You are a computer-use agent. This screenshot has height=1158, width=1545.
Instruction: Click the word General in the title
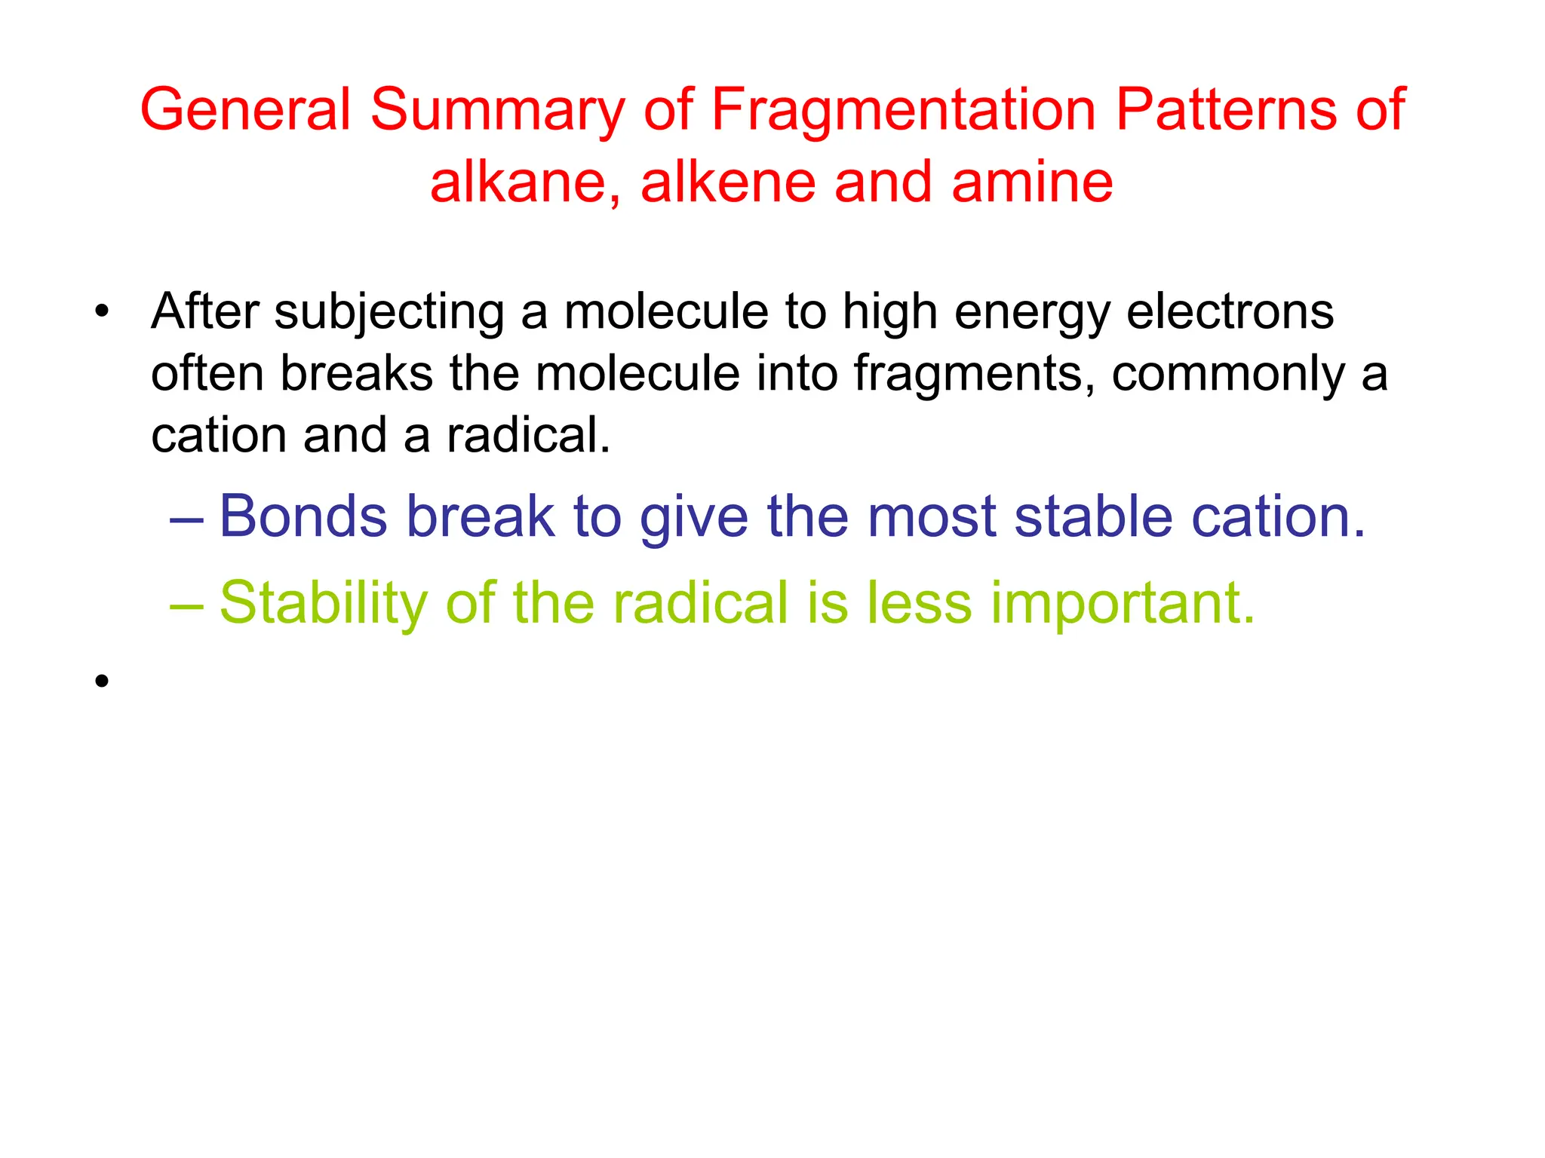(245, 110)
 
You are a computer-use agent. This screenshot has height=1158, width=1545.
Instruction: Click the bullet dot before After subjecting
(103, 311)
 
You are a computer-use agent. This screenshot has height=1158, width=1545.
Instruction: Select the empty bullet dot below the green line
(103, 682)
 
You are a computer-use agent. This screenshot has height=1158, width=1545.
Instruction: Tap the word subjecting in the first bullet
(389, 312)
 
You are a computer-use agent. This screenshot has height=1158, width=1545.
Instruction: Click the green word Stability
(324, 604)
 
